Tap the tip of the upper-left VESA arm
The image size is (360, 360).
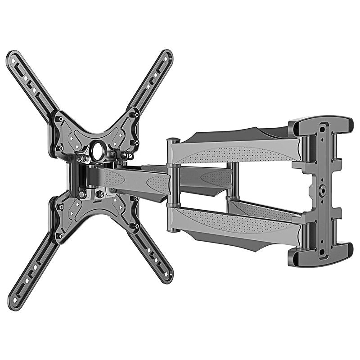pyautogui.click(x=12, y=57)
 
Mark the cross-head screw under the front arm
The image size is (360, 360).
pyautogui.click(x=100, y=194)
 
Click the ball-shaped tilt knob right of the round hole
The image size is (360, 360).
pyautogui.click(x=129, y=156)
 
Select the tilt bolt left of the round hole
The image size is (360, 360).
pyautogui.click(x=81, y=158)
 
